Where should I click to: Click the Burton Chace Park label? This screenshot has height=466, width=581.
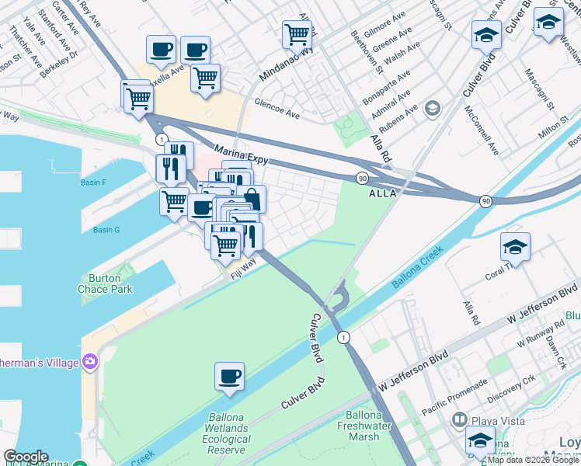105,283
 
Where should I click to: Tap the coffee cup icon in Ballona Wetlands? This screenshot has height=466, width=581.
230,377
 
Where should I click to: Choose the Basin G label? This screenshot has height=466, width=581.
106,230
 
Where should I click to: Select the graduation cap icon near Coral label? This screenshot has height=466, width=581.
515,248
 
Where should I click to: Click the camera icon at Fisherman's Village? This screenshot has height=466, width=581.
89,362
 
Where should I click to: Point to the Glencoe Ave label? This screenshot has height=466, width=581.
277,113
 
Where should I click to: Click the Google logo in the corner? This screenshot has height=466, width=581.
26,457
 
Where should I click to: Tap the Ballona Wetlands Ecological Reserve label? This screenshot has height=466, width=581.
228,433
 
